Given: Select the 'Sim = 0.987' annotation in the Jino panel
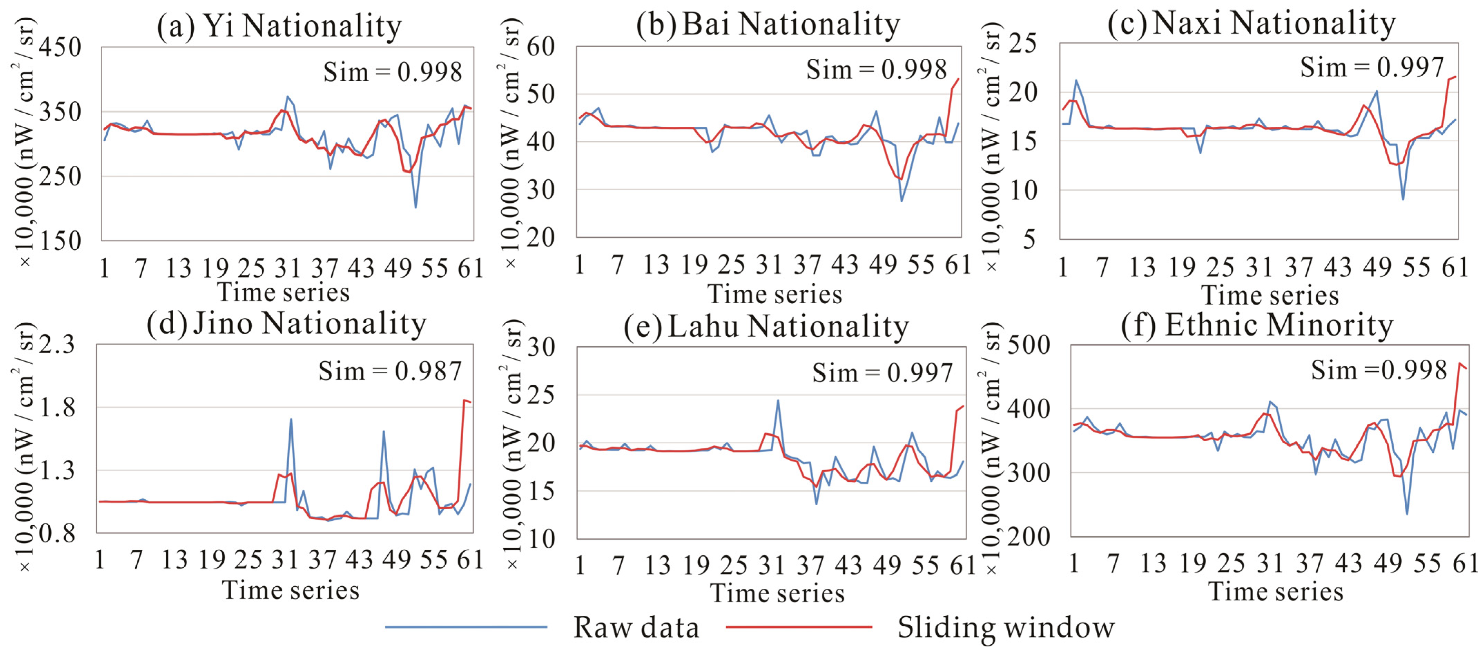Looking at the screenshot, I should pyautogui.click(x=390, y=371).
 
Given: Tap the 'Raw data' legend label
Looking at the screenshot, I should pyautogui.click(x=636, y=627).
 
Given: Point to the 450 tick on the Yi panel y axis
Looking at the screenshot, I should pyautogui.click(x=60, y=47).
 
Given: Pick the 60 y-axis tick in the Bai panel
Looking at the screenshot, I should pyautogui.click(x=541, y=47).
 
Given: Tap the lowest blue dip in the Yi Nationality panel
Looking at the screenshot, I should pyautogui.click(x=415, y=207).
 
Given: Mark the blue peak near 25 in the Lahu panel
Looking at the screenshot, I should pyautogui.click(x=778, y=401).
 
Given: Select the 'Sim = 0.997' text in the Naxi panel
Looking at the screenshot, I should pyautogui.click(x=1372, y=67).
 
